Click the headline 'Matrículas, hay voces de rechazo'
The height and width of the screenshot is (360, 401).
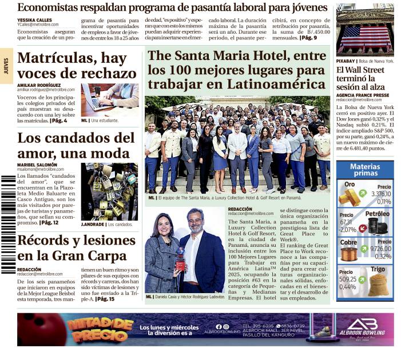coord(77,66)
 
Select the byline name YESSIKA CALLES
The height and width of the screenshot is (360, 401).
coord(34,19)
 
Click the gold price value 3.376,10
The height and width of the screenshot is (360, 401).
coord(380,194)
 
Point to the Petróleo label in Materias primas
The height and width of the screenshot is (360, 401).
coord(377,214)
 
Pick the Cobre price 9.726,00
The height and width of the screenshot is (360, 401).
coord(380,249)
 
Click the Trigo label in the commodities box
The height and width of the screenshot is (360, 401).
coord(378,269)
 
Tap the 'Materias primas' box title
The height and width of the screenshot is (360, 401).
coord(364,170)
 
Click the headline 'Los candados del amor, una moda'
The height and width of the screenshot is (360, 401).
coord(76,146)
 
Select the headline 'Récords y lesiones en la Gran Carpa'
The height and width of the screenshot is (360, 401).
coord(72,247)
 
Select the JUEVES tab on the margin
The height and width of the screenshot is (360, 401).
coord(6,66)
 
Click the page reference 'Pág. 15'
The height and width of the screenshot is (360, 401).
coord(105,299)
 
